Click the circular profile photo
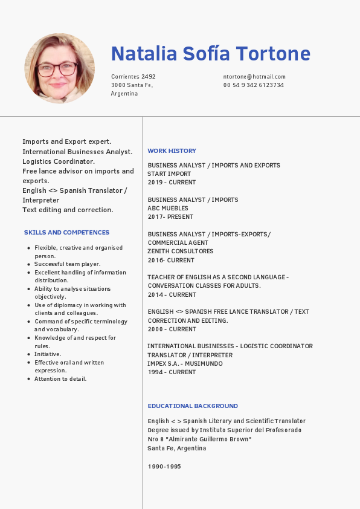(x=59, y=68)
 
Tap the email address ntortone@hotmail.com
(x=254, y=77)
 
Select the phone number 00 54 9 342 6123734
(x=254, y=85)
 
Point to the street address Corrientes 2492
(x=133, y=77)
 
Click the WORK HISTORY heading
(x=172, y=151)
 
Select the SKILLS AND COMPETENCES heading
(x=66, y=233)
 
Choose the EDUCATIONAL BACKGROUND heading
(x=193, y=406)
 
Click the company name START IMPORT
(x=169, y=174)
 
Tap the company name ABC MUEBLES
(x=168, y=209)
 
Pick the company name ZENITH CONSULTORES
(x=181, y=251)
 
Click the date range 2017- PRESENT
(x=170, y=217)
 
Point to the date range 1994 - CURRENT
(x=172, y=372)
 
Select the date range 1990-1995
(x=164, y=467)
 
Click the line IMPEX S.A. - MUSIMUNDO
(x=185, y=364)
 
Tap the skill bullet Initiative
(x=48, y=354)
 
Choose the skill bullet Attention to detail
(x=60, y=379)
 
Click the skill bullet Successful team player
(x=67, y=264)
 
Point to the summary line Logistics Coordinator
(x=59, y=161)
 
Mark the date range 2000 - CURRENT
(x=172, y=329)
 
